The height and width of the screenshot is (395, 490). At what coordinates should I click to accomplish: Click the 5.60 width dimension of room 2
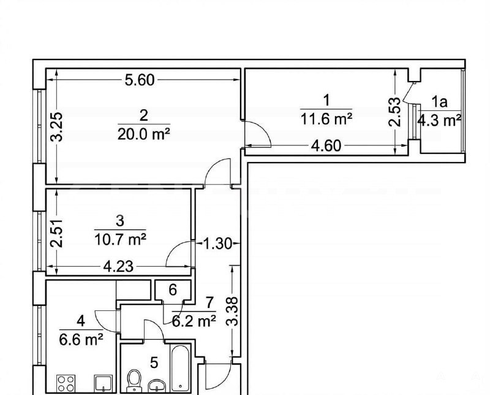click(140, 80)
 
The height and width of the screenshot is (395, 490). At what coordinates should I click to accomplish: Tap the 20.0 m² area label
click(144, 134)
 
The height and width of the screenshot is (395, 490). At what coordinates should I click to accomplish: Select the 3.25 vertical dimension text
click(57, 127)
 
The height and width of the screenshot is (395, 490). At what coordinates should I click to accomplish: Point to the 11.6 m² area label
click(326, 119)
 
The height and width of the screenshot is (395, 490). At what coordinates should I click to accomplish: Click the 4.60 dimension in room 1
click(326, 146)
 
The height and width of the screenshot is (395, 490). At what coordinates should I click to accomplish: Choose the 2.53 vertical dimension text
click(394, 112)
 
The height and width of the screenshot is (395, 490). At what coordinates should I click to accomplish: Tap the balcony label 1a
click(439, 102)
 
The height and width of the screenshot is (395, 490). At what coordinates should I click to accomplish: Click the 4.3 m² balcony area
click(440, 120)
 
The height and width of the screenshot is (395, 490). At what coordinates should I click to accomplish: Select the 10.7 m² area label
click(120, 240)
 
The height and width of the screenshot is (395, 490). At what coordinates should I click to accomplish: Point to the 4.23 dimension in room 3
click(118, 267)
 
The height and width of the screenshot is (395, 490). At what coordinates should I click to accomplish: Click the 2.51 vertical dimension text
click(57, 234)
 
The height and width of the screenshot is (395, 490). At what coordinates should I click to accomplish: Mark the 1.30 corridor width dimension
click(218, 244)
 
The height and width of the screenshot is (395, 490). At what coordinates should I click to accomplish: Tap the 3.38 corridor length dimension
click(233, 312)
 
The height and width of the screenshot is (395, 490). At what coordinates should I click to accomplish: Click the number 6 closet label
click(173, 290)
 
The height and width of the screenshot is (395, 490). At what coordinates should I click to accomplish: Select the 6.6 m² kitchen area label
click(81, 339)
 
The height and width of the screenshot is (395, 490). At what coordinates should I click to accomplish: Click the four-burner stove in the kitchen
click(66, 384)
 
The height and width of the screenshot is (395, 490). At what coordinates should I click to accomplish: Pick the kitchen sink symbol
click(104, 384)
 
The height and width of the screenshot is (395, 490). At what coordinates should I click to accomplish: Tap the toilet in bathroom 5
click(134, 381)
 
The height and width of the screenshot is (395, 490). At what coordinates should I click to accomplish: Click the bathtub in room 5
click(180, 369)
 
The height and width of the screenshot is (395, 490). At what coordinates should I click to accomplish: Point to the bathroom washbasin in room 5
click(157, 386)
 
